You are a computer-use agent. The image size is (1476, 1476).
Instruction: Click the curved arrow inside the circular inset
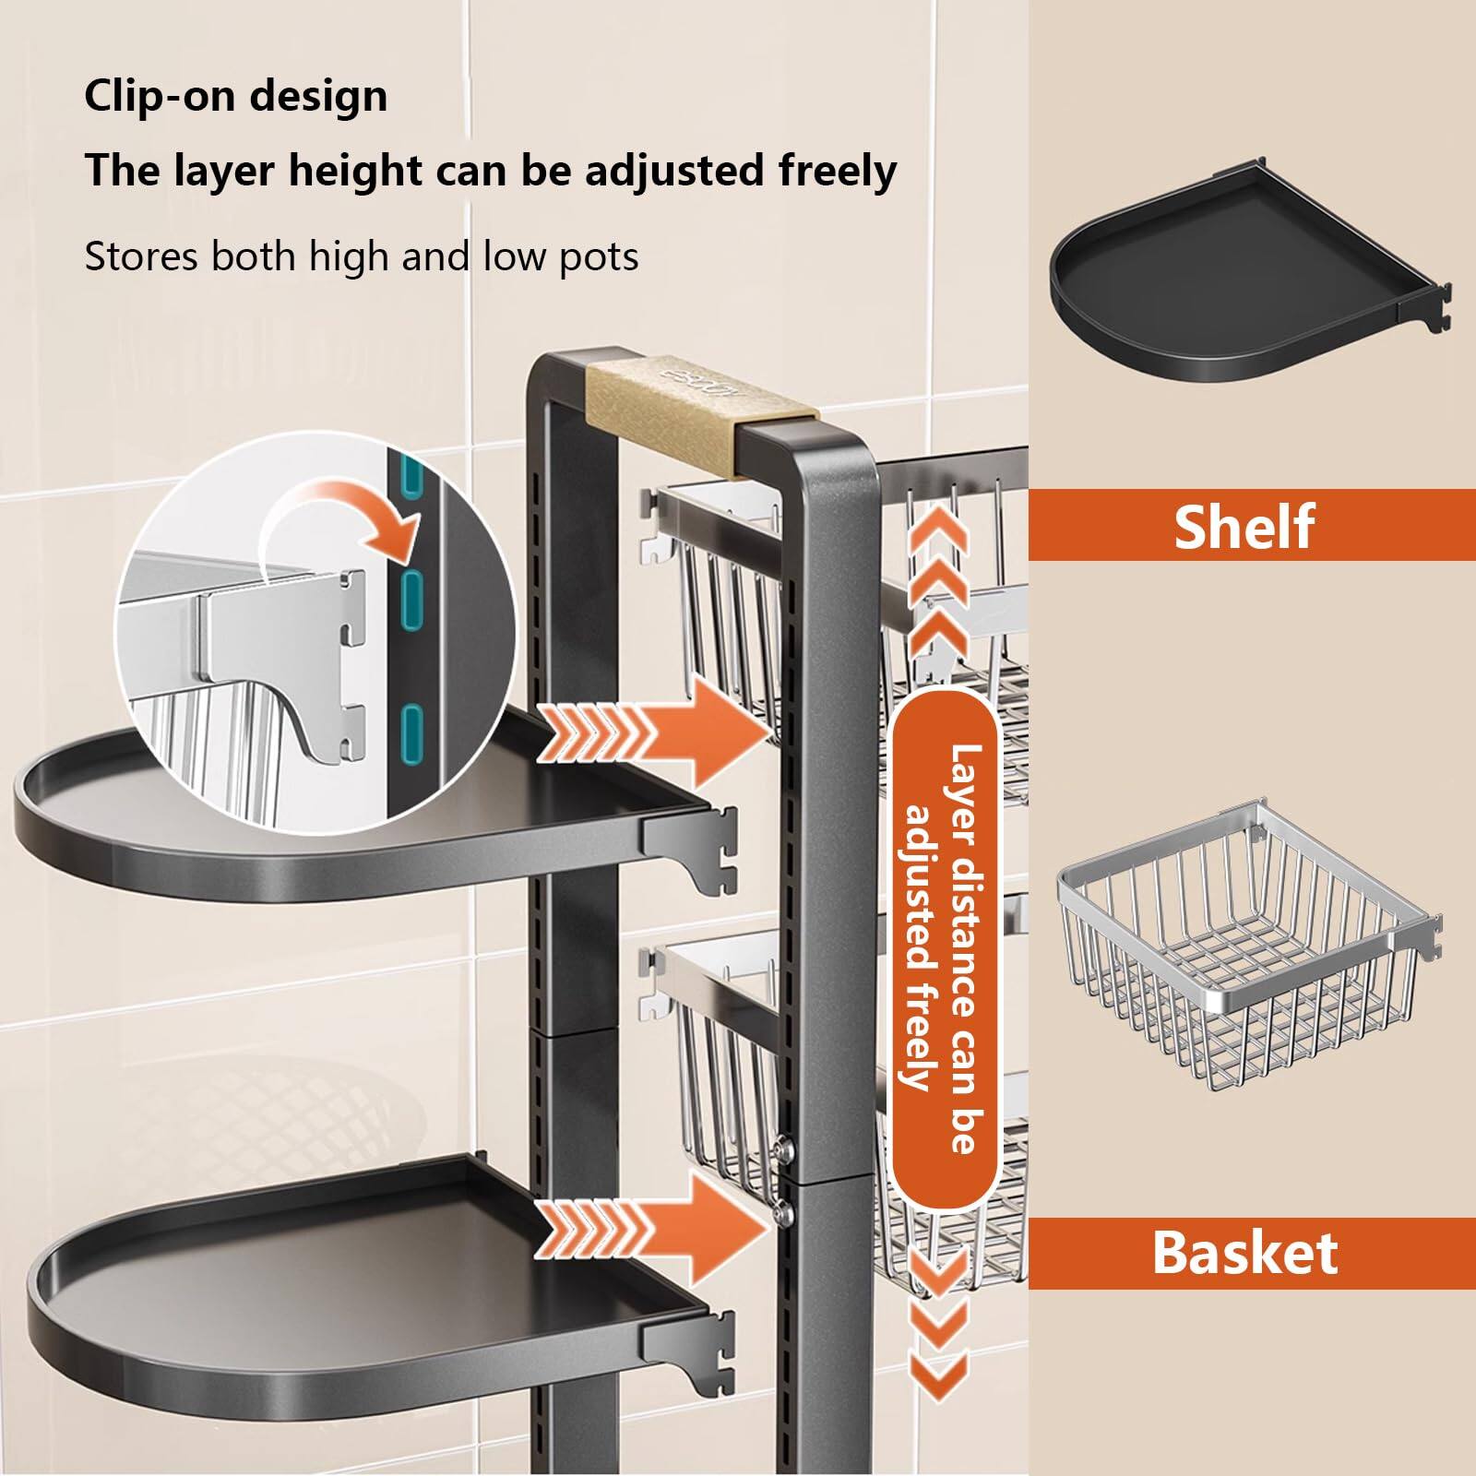[341, 530]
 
